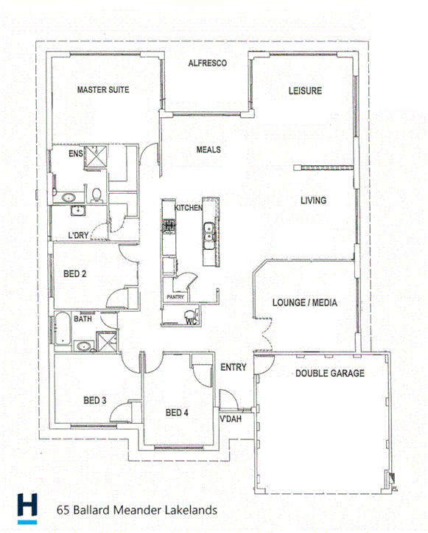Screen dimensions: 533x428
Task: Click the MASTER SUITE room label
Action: [x=103, y=90]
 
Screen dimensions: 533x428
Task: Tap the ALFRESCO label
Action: [x=207, y=63]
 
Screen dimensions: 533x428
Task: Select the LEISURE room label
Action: [x=304, y=91]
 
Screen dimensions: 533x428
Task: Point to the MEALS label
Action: [x=208, y=150]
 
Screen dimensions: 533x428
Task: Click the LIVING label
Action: [x=313, y=201]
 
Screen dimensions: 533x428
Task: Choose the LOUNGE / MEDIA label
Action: [x=305, y=302]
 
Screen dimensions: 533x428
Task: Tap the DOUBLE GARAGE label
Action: [x=330, y=374]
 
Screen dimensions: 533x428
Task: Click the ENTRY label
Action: [x=234, y=367]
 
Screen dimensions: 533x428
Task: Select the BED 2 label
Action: [x=75, y=274]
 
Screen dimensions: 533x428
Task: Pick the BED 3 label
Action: [x=95, y=400]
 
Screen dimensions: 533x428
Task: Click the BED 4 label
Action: [x=178, y=412]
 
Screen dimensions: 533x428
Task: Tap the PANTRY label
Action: [x=175, y=297]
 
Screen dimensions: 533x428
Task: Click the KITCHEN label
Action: [x=188, y=209]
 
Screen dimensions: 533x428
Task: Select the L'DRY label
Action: [x=77, y=235]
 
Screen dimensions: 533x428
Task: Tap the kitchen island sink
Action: [x=208, y=232]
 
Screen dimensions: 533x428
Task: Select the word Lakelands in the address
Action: [x=190, y=509]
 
